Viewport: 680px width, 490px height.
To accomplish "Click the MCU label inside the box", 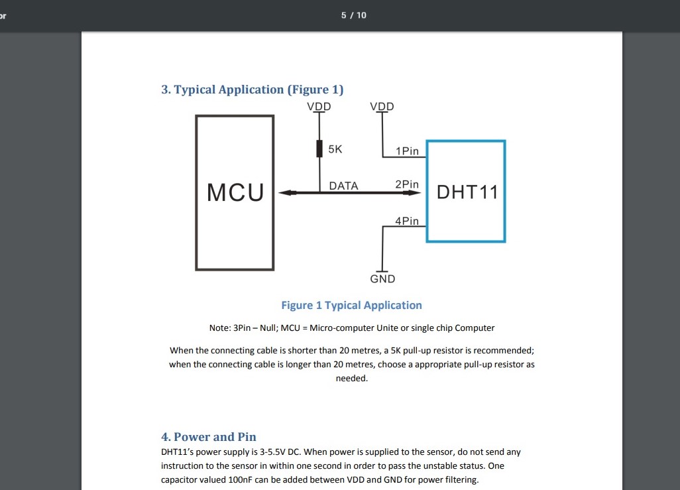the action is pyautogui.click(x=235, y=192).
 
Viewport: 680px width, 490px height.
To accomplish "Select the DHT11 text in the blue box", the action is pyautogui.click(x=467, y=192).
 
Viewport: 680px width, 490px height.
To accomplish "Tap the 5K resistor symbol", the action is pyautogui.click(x=319, y=149).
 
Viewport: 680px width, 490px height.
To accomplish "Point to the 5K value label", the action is pyautogui.click(x=335, y=149).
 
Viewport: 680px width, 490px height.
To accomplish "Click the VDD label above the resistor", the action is pyautogui.click(x=319, y=106).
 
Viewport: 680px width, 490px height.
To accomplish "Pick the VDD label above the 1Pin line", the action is pyautogui.click(x=382, y=106).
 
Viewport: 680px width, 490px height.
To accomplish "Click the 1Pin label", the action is pyautogui.click(x=407, y=151).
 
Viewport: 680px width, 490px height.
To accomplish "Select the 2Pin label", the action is pyautogui.click(x=407, y=184).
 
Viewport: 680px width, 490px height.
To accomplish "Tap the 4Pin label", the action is pyautogui.click(x=407, y=221).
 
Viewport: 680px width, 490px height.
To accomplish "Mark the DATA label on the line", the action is pyautogui.click(x=343, y=186).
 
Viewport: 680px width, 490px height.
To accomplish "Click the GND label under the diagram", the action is pyautogui.click(x=382, y=278).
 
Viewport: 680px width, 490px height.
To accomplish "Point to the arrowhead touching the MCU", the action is pyautogui.click(x=288, y=193).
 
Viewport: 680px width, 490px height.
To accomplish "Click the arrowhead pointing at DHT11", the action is pyautogui.click(x=412, y=193).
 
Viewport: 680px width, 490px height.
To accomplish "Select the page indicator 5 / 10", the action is pyautogui.click(x=353, y=15).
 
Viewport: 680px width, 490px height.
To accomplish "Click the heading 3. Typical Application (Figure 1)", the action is pyautogui.click(x=253, y=90).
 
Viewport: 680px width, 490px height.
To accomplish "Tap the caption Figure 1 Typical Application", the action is pyautogui.click(x=352, y=305).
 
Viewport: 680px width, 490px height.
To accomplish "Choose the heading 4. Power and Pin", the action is pyautogui.click(x=209, y=436).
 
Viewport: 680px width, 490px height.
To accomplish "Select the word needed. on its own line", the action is pyautogui.click(x=352, y=378).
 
